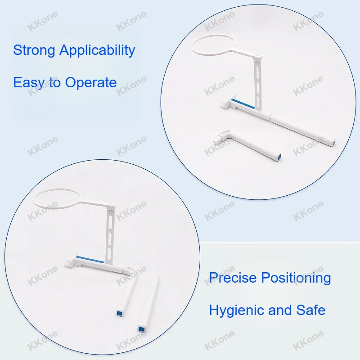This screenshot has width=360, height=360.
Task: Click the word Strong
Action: (34, 50)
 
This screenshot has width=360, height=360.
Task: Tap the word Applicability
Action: (97, 50)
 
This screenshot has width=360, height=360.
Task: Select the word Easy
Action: (29, 83)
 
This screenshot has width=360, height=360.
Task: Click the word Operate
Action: (91, 83)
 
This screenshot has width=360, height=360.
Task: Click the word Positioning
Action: (296, 278)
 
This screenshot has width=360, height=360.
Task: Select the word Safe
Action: (311, 310)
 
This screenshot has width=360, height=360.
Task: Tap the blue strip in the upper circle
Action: (243, 104)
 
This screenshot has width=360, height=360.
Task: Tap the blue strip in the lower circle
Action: (90, 260)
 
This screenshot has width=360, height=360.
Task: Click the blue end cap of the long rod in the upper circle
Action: (333, 142)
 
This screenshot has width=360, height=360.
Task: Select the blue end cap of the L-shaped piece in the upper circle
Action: (279, 157)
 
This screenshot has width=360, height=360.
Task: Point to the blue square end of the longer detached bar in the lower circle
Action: (142, 329)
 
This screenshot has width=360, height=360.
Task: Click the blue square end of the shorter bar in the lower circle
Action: (119, 313)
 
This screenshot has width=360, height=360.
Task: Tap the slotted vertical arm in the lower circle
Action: (110, 235)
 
